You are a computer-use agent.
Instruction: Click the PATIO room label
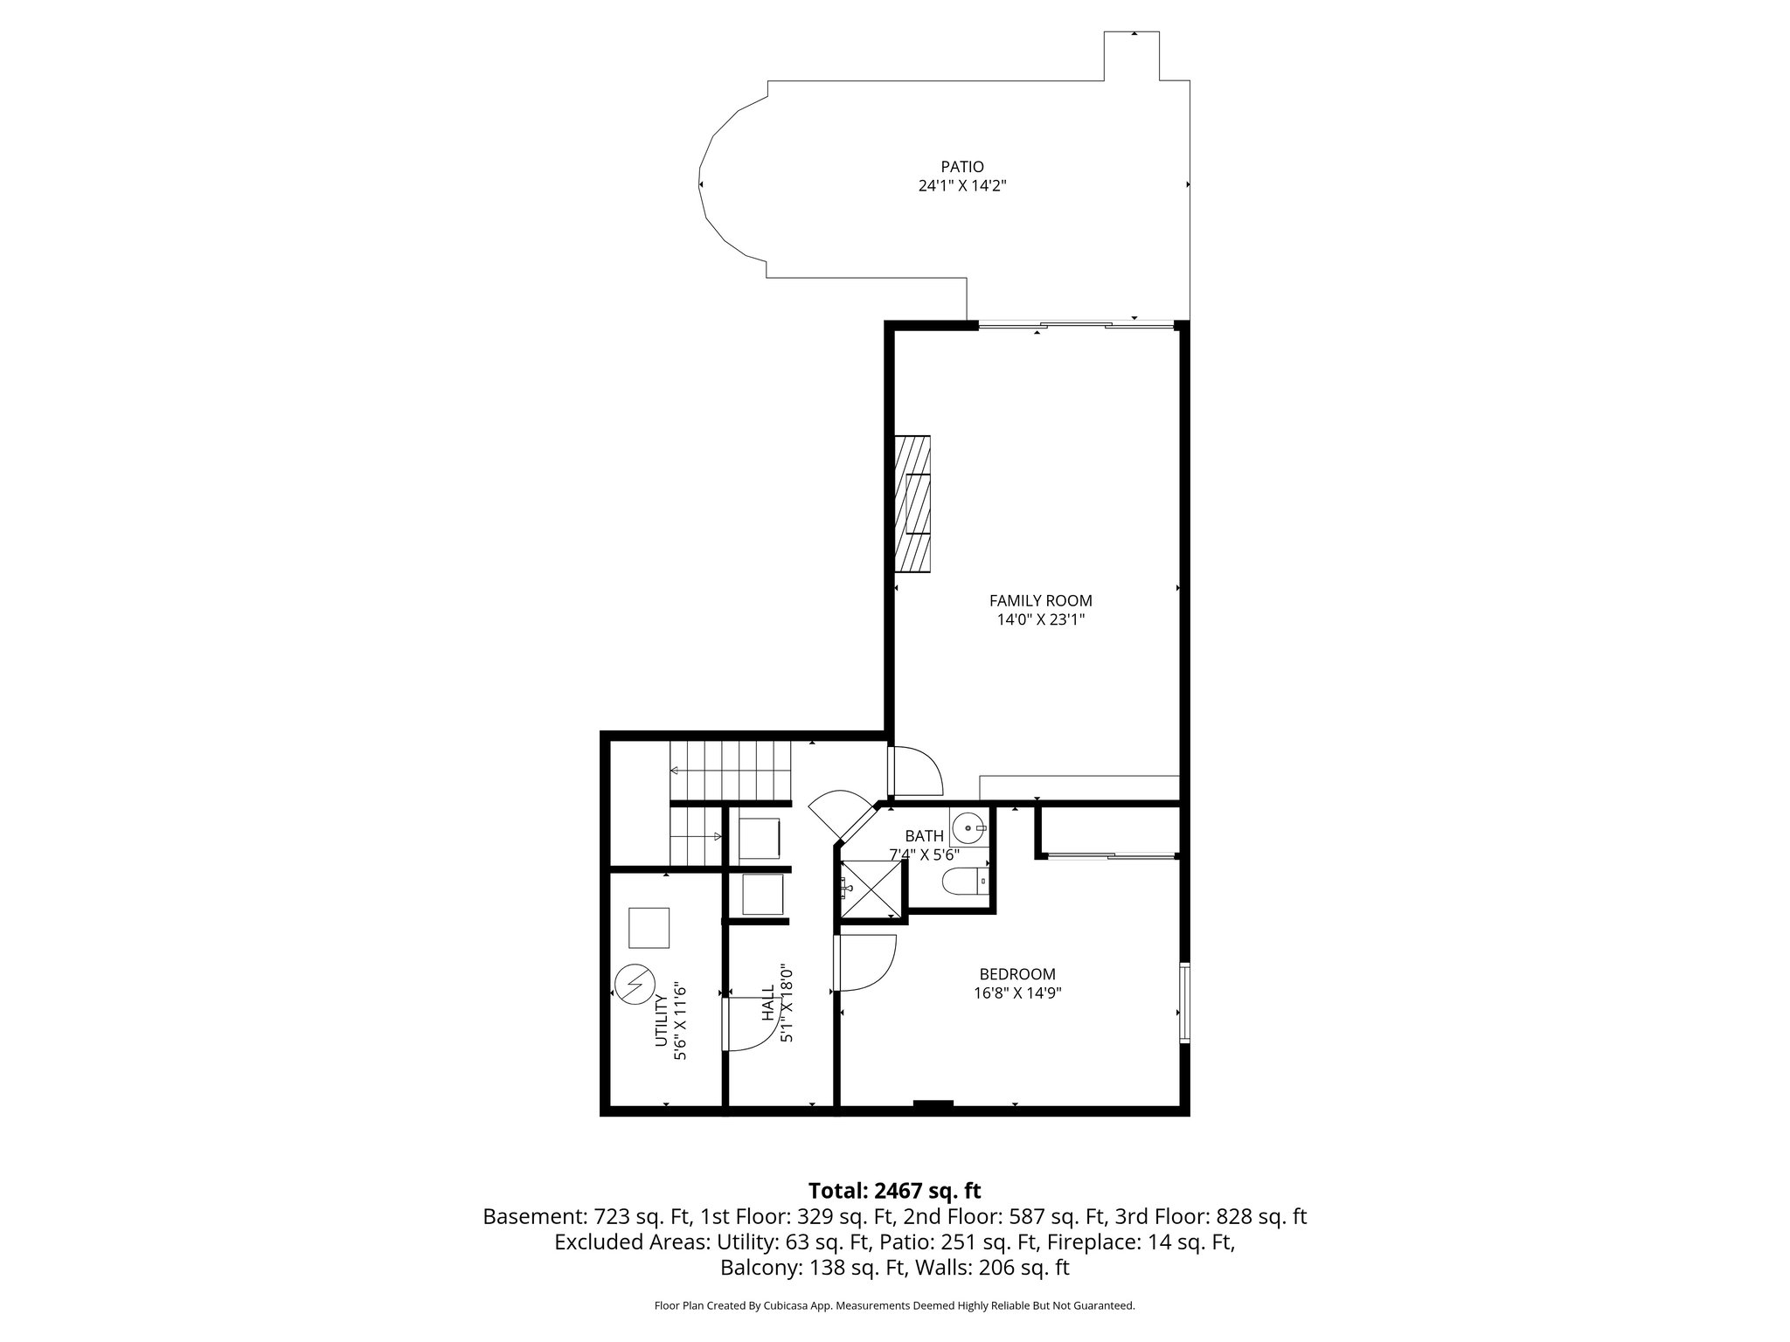pos(962,166)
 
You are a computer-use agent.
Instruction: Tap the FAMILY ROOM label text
pos(1040,600)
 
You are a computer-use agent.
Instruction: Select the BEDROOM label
pos(1016,973)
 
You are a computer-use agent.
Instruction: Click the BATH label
pos(924,836)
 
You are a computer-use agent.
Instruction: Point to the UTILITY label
pos(662,1020)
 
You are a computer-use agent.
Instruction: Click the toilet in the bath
pos(963,882)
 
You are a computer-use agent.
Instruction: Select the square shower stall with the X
pos(871,889)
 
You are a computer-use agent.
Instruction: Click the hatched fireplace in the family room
pos(912,503)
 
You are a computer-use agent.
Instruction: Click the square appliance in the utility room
pos(649,928)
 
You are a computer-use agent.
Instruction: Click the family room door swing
pos(915,770)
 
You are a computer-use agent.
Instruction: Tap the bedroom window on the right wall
pos(1184,1002)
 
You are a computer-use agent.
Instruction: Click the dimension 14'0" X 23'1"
pos(1040,620)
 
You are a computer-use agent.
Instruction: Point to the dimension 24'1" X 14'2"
pos(962,185)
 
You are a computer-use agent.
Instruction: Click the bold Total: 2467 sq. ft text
pos(894,1191)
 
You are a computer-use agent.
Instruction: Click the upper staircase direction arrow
pos(675,771)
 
